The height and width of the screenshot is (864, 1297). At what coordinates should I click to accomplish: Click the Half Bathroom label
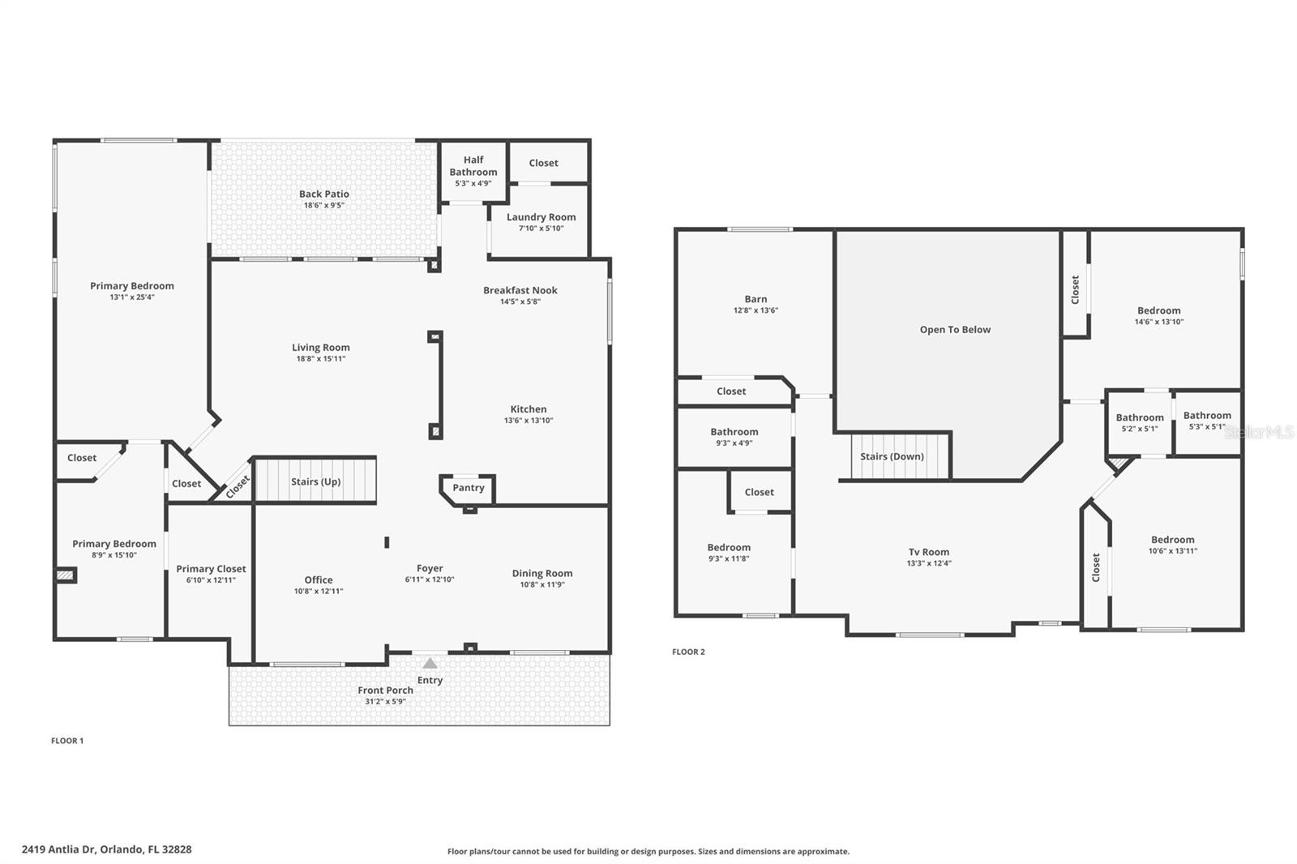coord(473,166)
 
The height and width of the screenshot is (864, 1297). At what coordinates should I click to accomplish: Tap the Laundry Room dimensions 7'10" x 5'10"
coord(541,229)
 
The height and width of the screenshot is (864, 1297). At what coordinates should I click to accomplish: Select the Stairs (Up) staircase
coord(315,481)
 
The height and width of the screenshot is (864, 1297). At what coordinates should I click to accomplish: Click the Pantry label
coord(469,488)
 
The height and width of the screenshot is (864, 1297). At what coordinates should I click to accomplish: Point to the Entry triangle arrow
coord(430,664)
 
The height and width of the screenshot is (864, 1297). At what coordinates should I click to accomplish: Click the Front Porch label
coord(385,691)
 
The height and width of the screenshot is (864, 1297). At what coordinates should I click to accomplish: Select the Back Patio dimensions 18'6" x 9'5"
coord(323,206)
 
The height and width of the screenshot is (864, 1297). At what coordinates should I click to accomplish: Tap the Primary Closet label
coord(211,569)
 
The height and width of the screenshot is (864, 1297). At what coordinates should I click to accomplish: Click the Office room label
coord(319,580)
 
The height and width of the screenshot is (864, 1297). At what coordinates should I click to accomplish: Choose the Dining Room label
coord(541,573)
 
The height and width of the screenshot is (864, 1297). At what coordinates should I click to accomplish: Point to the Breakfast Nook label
coord(520,290)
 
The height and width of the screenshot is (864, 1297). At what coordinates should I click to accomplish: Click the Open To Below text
coord(955,330)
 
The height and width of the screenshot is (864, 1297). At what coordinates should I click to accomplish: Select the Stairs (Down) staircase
coord(892,456)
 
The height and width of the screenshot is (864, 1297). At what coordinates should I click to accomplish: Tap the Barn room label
coord(756,299)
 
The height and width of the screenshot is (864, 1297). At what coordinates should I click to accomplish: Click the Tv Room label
coord(929,552)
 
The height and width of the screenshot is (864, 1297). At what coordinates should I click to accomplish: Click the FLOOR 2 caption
coord(688,652)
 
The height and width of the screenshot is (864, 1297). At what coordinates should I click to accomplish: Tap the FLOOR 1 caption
coord(67,741)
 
